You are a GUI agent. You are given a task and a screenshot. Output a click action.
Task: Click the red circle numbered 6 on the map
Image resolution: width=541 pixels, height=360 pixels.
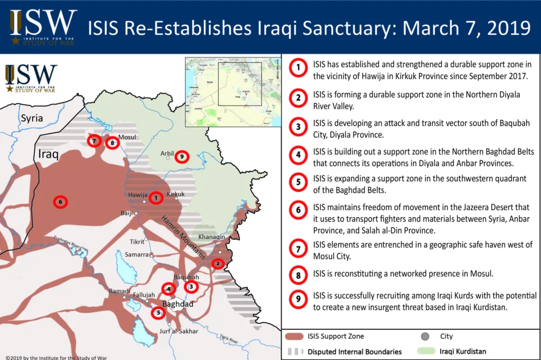click(x=61, y=202)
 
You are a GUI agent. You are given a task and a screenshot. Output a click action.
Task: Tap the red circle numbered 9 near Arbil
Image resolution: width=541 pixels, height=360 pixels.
click(x=181, y=156)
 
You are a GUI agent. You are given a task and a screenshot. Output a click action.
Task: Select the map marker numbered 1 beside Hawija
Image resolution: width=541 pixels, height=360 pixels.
click(x=156, y=198)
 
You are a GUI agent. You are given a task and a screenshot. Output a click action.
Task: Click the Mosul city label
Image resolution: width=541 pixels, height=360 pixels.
click(x=127, y=137)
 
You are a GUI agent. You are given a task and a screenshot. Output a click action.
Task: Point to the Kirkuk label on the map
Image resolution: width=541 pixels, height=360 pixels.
click(x=176, y=194)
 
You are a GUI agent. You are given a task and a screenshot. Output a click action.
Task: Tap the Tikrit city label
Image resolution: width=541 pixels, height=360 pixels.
click(x=137, y=242)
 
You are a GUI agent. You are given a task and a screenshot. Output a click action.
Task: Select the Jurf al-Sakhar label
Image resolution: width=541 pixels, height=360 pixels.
click(x=179, y=331)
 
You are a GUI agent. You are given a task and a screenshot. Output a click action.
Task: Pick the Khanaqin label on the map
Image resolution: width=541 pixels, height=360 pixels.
click(x=212, y=237)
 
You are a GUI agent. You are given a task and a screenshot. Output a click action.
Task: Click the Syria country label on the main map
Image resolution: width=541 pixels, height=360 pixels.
click(x=32, y=118)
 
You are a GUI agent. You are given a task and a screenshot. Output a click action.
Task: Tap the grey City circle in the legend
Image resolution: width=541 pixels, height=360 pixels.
click(x=425, y=336)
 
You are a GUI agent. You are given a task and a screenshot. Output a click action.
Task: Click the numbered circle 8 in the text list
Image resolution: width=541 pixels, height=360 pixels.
click(x=299, y=274)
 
